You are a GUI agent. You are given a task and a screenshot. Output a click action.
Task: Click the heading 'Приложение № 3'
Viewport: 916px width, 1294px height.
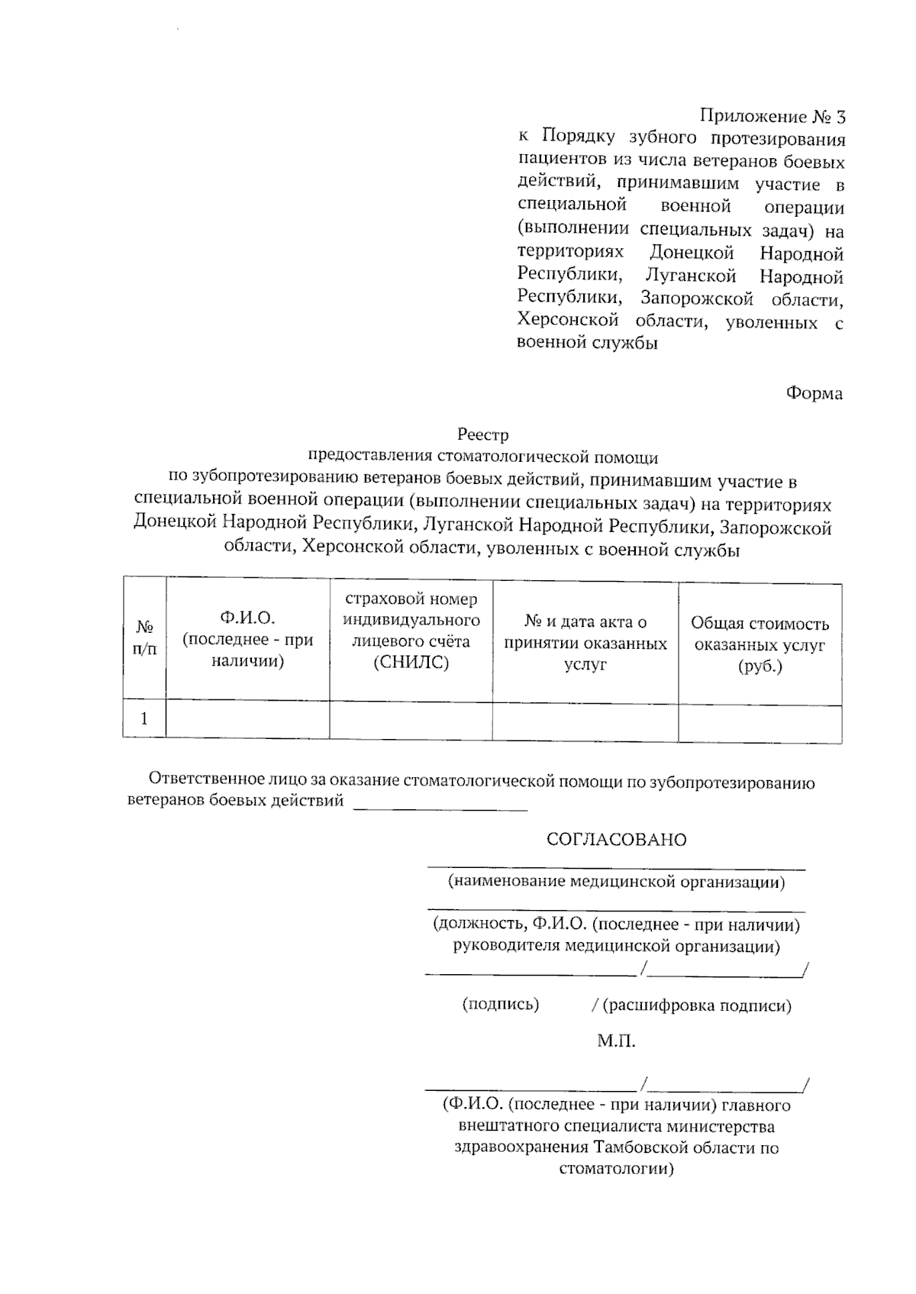(x=772, y=117)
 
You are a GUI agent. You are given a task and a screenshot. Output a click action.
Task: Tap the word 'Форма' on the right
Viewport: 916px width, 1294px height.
(x=814, y=394)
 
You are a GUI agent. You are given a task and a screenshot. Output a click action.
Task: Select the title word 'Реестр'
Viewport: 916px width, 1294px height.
(x=482, y=435)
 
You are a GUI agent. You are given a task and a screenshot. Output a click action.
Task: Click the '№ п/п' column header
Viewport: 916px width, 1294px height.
(x=144, y=638)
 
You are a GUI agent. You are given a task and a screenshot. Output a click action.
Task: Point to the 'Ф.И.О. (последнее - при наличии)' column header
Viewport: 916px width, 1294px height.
(x=247, y=639)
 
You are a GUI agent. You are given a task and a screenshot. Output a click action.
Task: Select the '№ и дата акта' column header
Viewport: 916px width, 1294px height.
(x=585, y=643)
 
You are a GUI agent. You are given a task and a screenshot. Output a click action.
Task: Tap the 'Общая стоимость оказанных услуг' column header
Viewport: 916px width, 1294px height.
(x=760, y=644)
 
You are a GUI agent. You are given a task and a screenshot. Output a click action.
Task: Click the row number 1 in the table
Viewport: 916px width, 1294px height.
(x=144, y=719)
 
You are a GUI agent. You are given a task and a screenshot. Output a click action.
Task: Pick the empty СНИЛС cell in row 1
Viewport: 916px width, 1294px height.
(x=411, y=720)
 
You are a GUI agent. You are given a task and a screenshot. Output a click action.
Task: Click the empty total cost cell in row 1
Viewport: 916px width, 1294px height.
(x=760, y=722)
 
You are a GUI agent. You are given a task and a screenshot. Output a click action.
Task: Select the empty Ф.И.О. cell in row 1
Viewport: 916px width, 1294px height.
(x=247, y=719)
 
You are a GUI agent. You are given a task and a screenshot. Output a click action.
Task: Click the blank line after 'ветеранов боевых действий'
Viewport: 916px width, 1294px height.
(x=440, y=804)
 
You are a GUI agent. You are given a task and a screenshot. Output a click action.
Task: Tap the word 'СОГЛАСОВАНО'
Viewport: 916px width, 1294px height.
(x=616, y=840)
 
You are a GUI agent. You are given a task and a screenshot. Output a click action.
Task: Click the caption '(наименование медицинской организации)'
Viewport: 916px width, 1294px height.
(x=616, y=883)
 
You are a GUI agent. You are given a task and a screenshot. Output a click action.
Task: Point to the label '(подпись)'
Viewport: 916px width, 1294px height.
(x=501, y=1005)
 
